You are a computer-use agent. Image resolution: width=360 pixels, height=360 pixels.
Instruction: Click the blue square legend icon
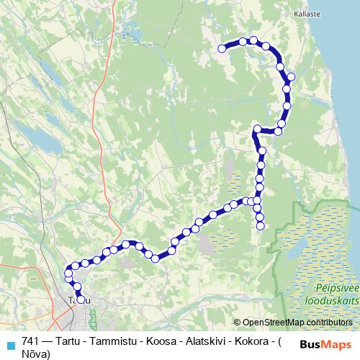(x=10, y=345)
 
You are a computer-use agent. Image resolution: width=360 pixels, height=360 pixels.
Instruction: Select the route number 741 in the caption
(x=31, y=341)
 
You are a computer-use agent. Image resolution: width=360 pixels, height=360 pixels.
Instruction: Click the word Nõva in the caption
(x=35, y=354)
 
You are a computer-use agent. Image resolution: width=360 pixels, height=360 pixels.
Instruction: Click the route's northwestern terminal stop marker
(x=222, y=48)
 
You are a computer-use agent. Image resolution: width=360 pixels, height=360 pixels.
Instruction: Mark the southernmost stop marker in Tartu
(x=81, y=300)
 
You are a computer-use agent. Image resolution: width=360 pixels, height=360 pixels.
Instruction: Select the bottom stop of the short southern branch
(x=261, y=226)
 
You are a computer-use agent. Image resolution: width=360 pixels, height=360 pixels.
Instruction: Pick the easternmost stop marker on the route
(x=291, y=76)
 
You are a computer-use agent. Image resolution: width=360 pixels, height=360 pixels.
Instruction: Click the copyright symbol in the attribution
(x=237, y=322)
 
